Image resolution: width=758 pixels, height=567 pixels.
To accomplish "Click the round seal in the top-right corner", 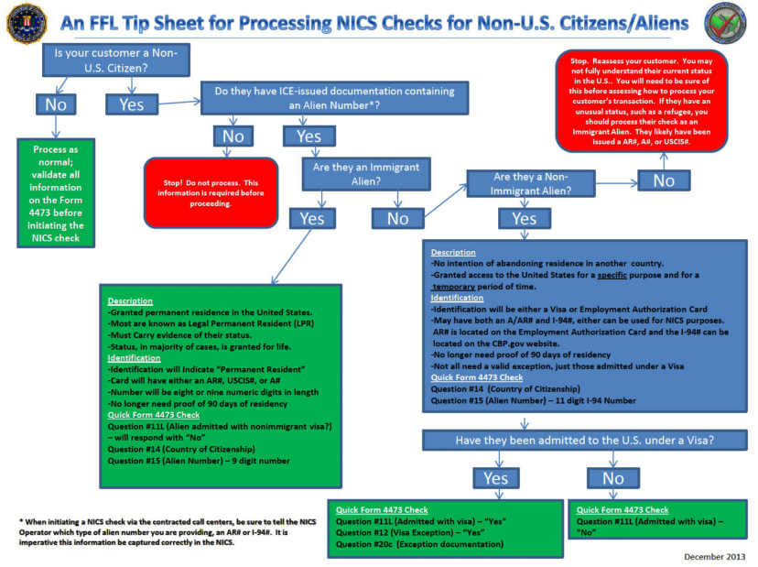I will (726, 24).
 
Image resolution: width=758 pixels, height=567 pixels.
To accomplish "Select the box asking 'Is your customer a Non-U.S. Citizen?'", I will (114, 60).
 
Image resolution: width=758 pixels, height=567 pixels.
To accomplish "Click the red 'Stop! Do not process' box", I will (210, 192).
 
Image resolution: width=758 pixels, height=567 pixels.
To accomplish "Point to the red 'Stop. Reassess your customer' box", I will (642, 101).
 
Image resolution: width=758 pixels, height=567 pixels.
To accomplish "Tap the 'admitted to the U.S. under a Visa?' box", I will (584, 441).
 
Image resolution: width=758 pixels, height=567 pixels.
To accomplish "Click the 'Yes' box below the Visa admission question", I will (494, 478).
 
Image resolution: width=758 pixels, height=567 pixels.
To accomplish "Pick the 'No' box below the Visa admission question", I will (613, 478).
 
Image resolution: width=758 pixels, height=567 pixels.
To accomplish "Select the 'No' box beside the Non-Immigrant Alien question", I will (664, 180).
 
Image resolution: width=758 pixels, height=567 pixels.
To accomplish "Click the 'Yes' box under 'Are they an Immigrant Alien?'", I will (312, 218).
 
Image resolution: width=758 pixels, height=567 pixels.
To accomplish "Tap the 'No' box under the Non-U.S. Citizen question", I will (55, 104).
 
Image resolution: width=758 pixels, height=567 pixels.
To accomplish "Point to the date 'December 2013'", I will (715, 556).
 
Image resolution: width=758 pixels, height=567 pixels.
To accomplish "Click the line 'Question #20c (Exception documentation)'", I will (419, 544).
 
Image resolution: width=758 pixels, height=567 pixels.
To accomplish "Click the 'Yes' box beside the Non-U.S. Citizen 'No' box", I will (131, 104).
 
